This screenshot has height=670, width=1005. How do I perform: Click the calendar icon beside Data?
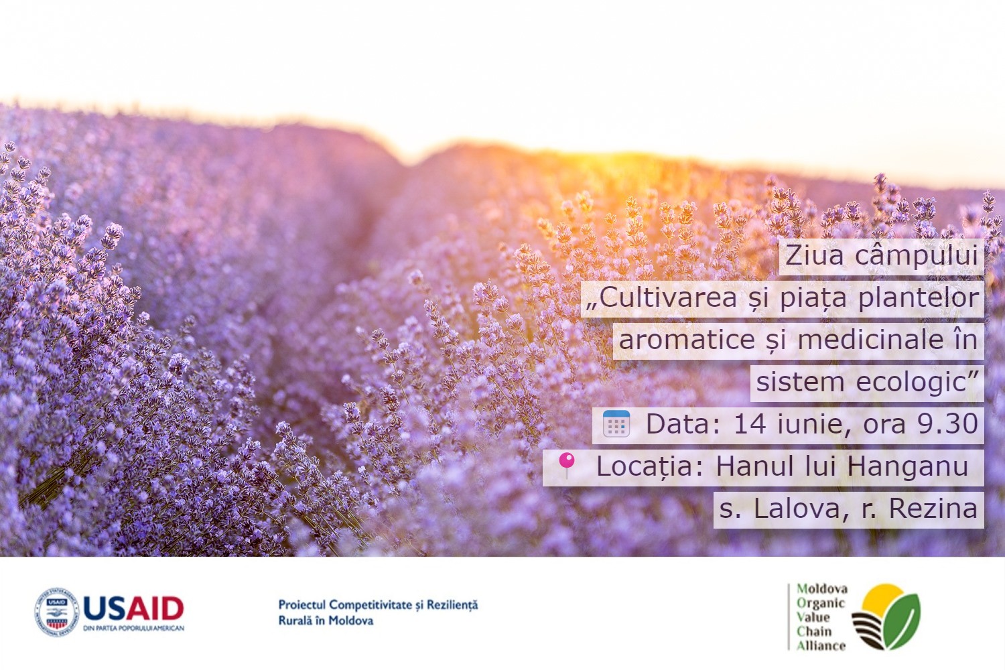tap(616, 424)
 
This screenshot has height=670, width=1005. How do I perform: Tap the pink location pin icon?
tap(567, 464)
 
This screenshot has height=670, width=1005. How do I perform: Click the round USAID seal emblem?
tap(57, 612)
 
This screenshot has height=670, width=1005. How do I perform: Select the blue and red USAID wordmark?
tap(133, 608)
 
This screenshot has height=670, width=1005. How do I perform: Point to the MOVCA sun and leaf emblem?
tap(886, 616)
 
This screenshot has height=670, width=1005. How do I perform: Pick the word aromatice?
tap(687, 340)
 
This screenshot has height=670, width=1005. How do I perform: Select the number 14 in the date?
tap(750, 424)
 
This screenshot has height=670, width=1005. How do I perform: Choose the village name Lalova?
tap(797, 509)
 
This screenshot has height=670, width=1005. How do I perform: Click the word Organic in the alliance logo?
tap(820, 602)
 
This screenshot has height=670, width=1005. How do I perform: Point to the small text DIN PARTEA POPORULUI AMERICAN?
tap(133, 628)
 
